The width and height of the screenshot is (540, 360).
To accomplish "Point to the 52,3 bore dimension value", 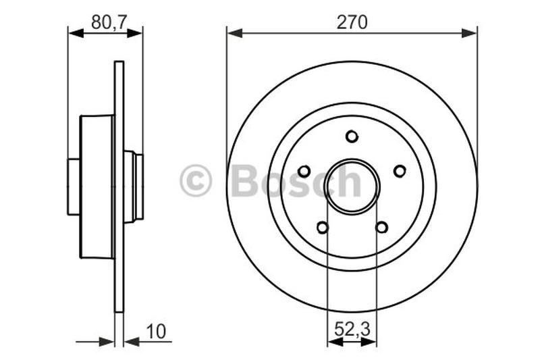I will click(352, 331).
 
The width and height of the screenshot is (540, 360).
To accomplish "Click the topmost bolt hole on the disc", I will click(352, 136).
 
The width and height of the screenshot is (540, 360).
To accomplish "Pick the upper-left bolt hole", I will click(304, 171).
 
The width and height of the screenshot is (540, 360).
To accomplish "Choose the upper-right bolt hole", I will click(400, 171).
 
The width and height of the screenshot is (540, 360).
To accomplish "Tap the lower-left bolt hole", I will click(323, 228).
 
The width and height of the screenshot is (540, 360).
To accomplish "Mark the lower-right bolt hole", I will click(381, 228).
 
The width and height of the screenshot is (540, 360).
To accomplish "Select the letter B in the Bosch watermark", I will click(244, 181).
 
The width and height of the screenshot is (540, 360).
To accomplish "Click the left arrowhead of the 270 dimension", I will click(233, 32).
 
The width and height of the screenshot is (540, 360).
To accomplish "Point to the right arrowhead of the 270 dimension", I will click(471, 32).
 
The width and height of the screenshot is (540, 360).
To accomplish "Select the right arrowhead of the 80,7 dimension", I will click(137, 32).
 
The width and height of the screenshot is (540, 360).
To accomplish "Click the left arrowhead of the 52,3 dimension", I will click(332, 342).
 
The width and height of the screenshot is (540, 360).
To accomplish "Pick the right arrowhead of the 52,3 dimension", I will click(371, 342).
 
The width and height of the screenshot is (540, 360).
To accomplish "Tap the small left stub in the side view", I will click(74, 186).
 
